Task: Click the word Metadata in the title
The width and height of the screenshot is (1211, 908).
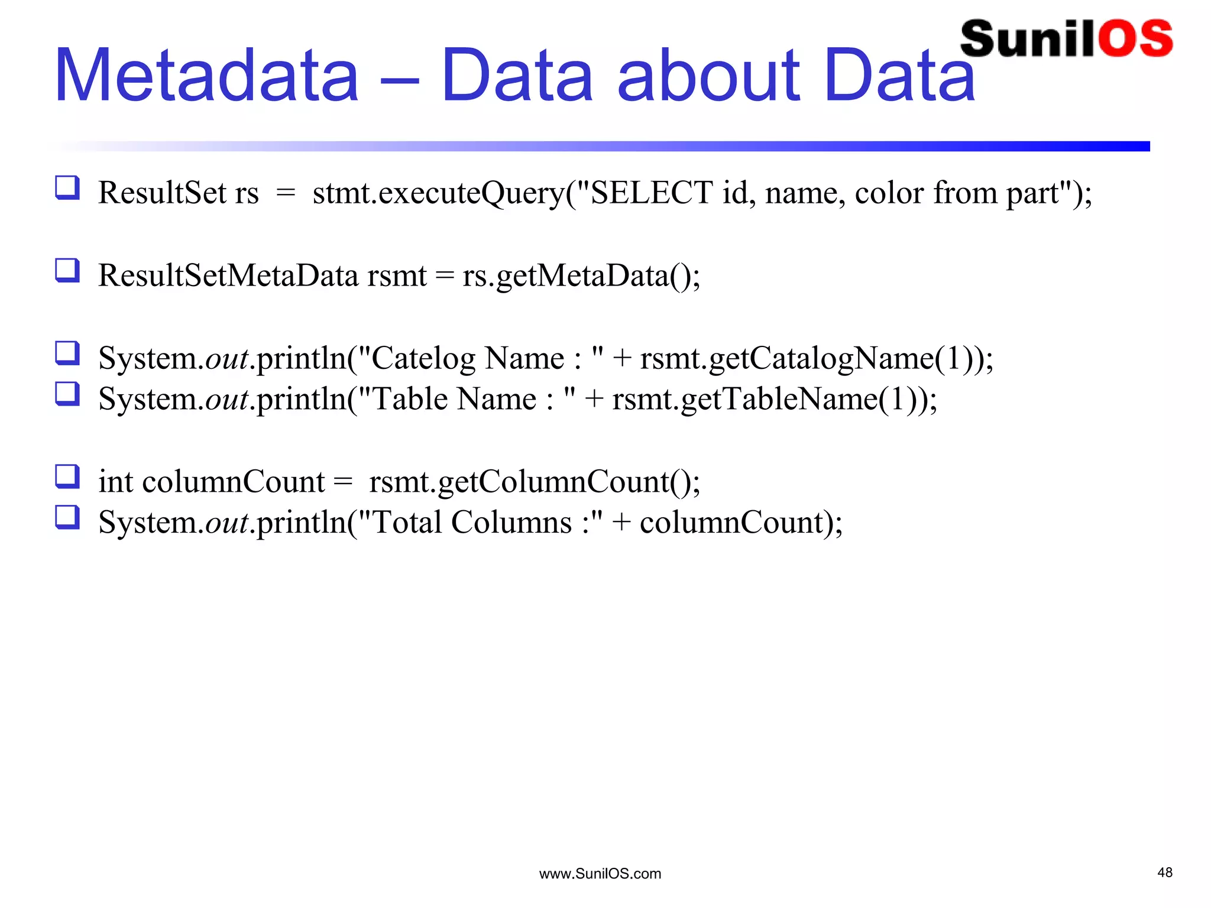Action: click(206, 76)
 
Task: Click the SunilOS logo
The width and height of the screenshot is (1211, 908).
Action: click(1066, 39)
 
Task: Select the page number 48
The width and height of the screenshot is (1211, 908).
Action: click(1165, 873)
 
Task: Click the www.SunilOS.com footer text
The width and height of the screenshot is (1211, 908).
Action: click(600, 874)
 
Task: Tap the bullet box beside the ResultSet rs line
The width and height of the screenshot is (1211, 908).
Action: click(67, 188)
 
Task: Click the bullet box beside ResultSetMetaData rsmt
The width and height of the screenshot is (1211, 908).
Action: click(67, 271)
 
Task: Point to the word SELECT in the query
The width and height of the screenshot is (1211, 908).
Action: click(652, 193)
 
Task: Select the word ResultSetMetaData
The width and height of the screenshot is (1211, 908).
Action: click(228, 276)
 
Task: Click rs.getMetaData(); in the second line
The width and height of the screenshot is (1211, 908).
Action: click(581, 276)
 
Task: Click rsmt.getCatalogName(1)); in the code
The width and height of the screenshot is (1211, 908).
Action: click(817, 359)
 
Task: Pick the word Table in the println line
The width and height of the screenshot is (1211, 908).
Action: click(409, 400)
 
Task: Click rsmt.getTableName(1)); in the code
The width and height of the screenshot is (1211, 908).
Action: click(775, 400)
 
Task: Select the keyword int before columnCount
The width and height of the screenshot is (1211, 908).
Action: click(116, 482)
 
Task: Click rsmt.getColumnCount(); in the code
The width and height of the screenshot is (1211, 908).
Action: click(535, 482)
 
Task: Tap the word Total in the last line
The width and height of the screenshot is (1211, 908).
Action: click(408, 523)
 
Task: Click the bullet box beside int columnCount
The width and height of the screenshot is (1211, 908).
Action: click(67, 476)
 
